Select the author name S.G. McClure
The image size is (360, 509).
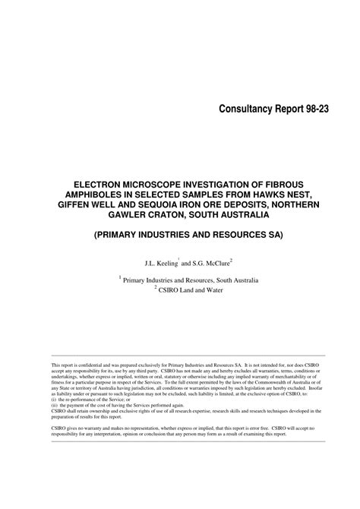pyautogui.click(x=210, y=263)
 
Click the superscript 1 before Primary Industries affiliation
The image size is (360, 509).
pyautogui.click(x=120, y=278)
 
